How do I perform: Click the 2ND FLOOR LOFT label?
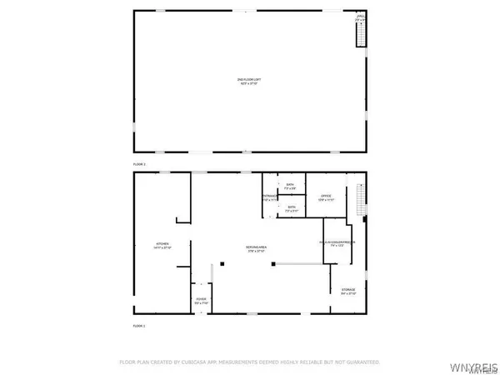[247, 81]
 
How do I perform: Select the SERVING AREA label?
[255, 249]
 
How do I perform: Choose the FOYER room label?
[201, 301]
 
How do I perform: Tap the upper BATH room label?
[290, 187]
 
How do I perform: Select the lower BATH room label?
[292, 208]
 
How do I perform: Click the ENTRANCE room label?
[269, 198]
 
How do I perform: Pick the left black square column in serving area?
[222, 265]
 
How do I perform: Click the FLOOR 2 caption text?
[139, 164]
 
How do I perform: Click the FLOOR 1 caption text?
[139, 325]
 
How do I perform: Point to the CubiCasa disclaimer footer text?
[249, 362]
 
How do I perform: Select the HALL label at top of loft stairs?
[361, 17]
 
